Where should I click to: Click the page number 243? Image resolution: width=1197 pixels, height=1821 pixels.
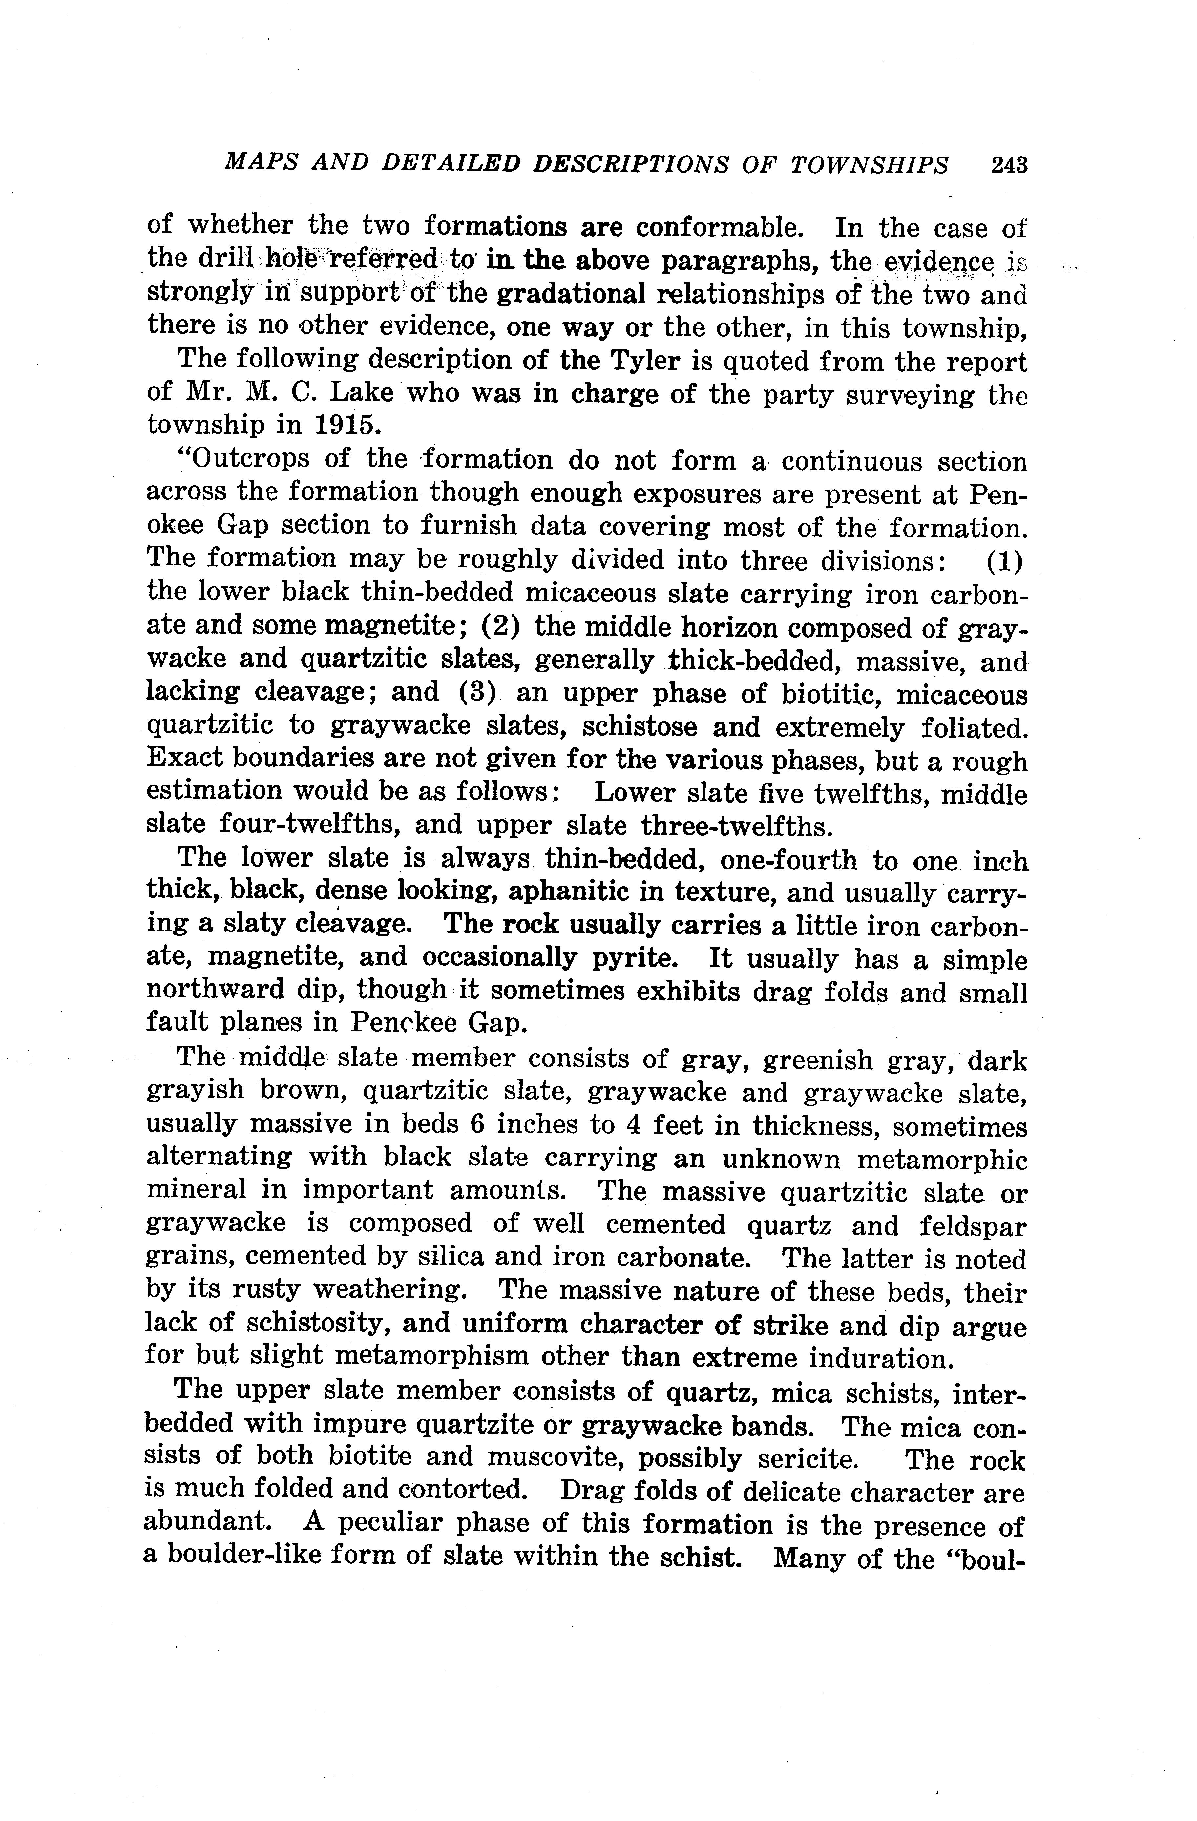click(x=1009, y=165)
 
